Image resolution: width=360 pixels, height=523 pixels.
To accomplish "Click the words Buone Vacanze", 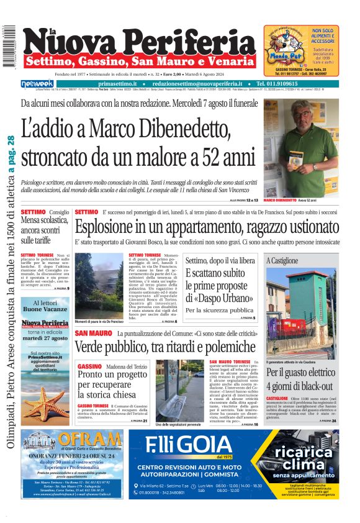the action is pos(45,309).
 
